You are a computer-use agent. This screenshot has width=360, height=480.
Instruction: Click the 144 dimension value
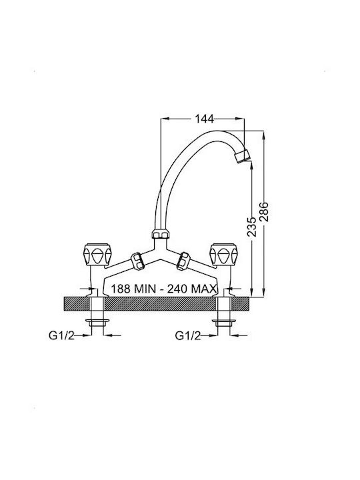pyautogui.click(x=205, y=119)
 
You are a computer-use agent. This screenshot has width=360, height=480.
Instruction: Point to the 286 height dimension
pyautogui.click(x=264, y=211)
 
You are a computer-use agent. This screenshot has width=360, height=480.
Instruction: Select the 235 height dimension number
pyautogui.click(x=251, y=227)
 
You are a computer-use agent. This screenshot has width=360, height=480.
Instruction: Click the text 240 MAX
pyautogui.click(x=192, y=289)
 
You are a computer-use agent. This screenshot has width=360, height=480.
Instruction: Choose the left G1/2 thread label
pyautogui.click(x=61, y=335)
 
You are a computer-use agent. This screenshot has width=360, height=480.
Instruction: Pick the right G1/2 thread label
pyautogui.click(x=188, y=335)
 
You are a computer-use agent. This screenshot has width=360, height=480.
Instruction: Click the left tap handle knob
pyautogui.click(x=97, y=254)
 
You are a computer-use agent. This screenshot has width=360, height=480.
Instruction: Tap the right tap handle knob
pyautogui.click(x=223, y=254)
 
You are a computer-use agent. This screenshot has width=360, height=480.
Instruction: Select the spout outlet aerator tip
pyautogui.click(x=243, y=156)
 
